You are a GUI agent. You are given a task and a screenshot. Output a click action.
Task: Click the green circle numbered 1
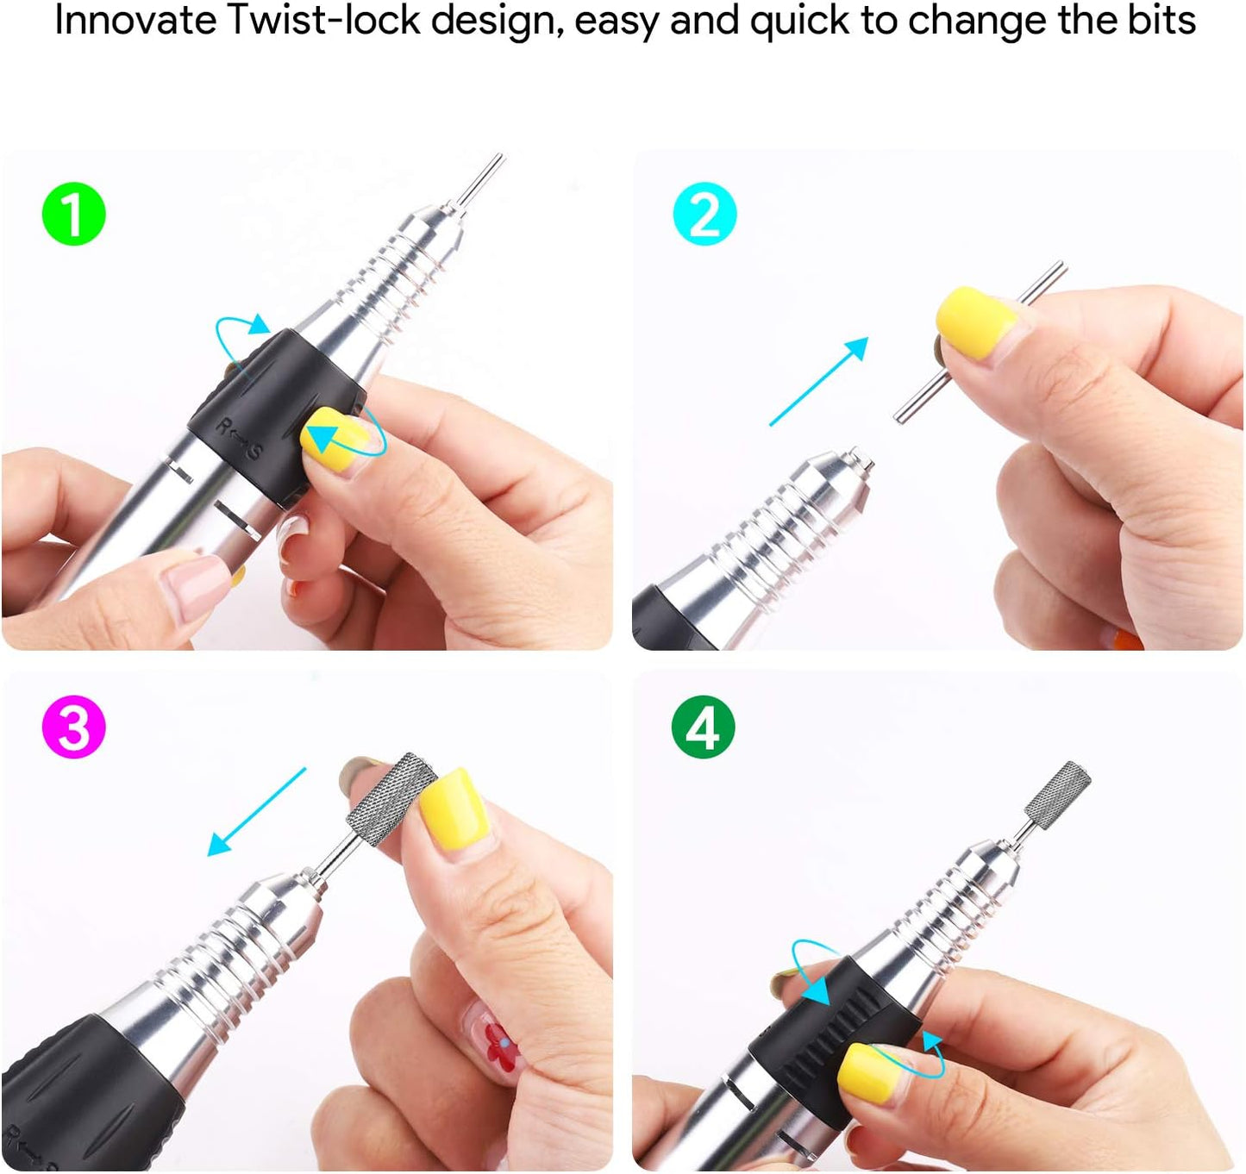(x=73, y=215)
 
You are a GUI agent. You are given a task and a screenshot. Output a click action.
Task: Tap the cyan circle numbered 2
(x=704, y=215)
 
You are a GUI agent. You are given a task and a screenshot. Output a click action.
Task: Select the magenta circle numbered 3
(x=73, y=727)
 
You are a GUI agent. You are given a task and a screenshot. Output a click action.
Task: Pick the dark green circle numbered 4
(x=703, y=727)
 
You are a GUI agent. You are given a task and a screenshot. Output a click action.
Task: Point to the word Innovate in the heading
(x=135, y=21)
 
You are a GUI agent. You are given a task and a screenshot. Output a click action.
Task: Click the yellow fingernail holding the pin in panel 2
(x=975, y=318)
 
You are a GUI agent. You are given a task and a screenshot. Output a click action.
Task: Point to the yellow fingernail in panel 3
(x=456, y=808)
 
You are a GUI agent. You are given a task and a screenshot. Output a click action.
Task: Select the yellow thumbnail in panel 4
(x=869, y=1071)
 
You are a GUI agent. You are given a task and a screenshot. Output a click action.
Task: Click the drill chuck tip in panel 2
(x=854, y=461)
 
